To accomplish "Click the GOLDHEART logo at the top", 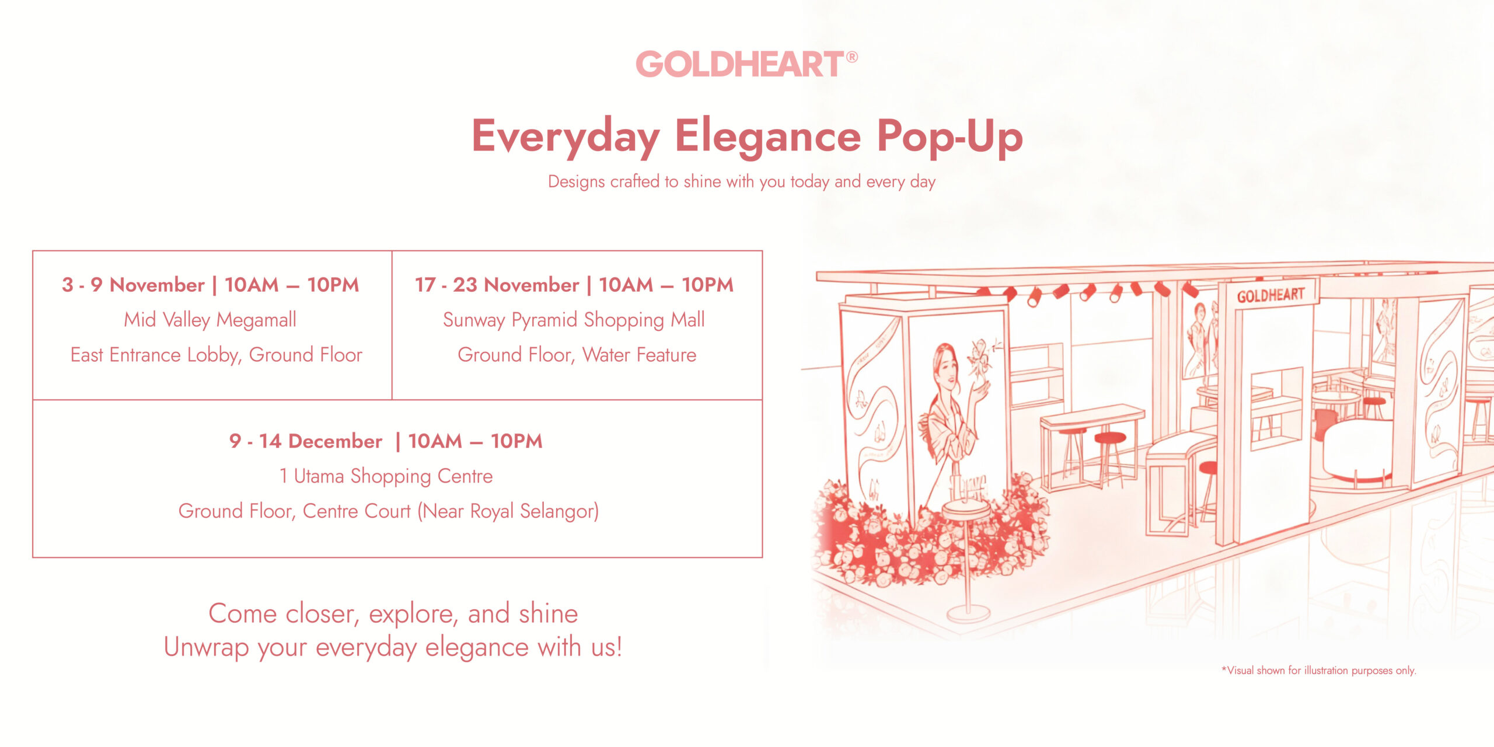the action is coord(739,64).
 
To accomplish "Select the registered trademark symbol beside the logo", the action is coord(851,57).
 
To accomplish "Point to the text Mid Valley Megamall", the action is coord(210,320).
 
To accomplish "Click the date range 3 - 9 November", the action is coord(134,285).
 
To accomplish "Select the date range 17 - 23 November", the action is coord(497,285).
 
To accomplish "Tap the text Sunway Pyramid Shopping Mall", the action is coord(574,320).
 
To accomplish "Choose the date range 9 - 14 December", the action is coord(306,441).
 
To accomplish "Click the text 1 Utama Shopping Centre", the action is coord(386,476).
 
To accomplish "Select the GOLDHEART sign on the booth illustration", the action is coord(1270,295).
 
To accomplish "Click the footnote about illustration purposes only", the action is coord(1319,671).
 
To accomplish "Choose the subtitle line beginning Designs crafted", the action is coord(742,182).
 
